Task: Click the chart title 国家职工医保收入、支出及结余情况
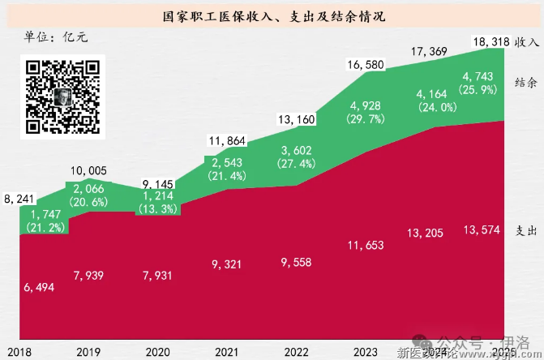point(272,15)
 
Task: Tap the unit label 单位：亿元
point(56,36)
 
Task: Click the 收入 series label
point(527,40)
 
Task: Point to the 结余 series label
point(526,82)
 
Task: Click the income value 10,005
point(88,170)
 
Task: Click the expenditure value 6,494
point(38,288)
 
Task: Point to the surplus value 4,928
point(366,106)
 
